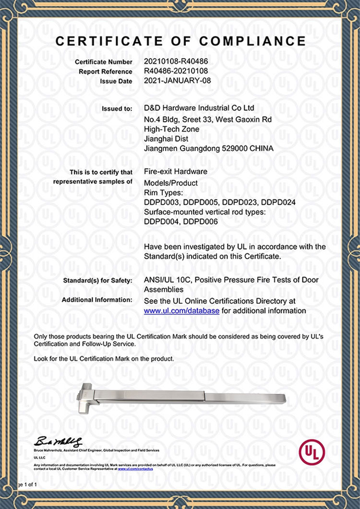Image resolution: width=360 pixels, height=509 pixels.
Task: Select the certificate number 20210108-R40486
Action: [176, 62]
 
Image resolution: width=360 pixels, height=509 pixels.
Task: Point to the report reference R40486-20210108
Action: [176, 71]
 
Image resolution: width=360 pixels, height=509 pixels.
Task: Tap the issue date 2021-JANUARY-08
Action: [177, 81]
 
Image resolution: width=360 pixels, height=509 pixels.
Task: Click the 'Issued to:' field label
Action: [117, 109]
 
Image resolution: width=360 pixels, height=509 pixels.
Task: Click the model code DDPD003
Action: [161, 202]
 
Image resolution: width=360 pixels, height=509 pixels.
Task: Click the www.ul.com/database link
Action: [182, 310]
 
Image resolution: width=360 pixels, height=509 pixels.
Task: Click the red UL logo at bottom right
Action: [312, 452]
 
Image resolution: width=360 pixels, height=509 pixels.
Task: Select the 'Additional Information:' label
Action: [97, 300]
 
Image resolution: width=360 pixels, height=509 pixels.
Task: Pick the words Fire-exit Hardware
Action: [176, 171]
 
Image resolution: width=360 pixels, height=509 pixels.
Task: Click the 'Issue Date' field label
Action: [116, 82]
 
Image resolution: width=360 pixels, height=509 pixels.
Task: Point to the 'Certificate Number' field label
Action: [103, 62]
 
